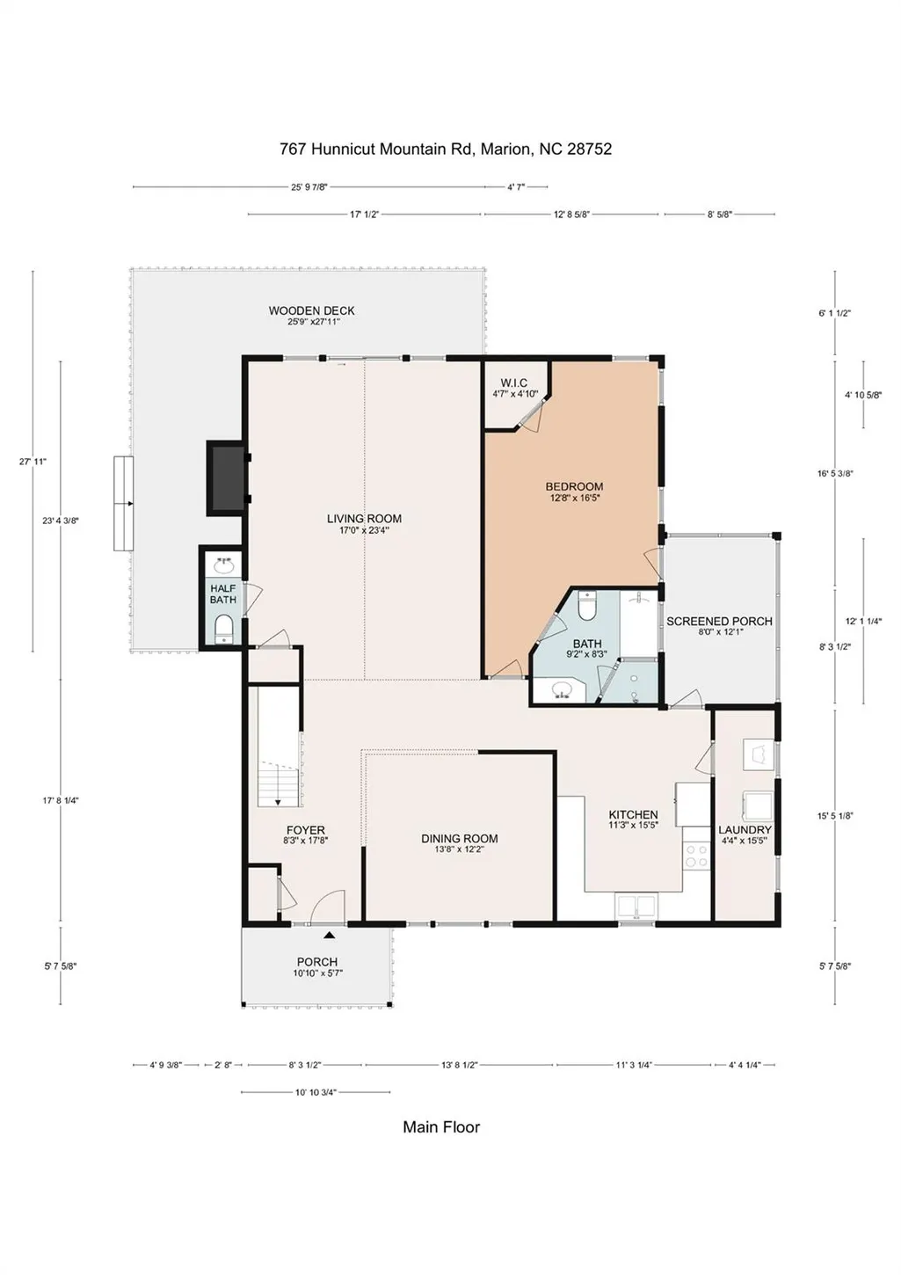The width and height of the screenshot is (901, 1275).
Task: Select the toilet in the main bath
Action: click(586, 606)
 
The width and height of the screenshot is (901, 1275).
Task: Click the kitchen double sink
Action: click(636, 906)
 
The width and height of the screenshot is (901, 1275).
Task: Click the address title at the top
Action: click(446, 149)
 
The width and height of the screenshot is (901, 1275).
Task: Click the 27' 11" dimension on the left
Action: click(33, 462)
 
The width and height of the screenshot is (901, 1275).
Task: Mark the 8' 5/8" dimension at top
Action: click(719, 215)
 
